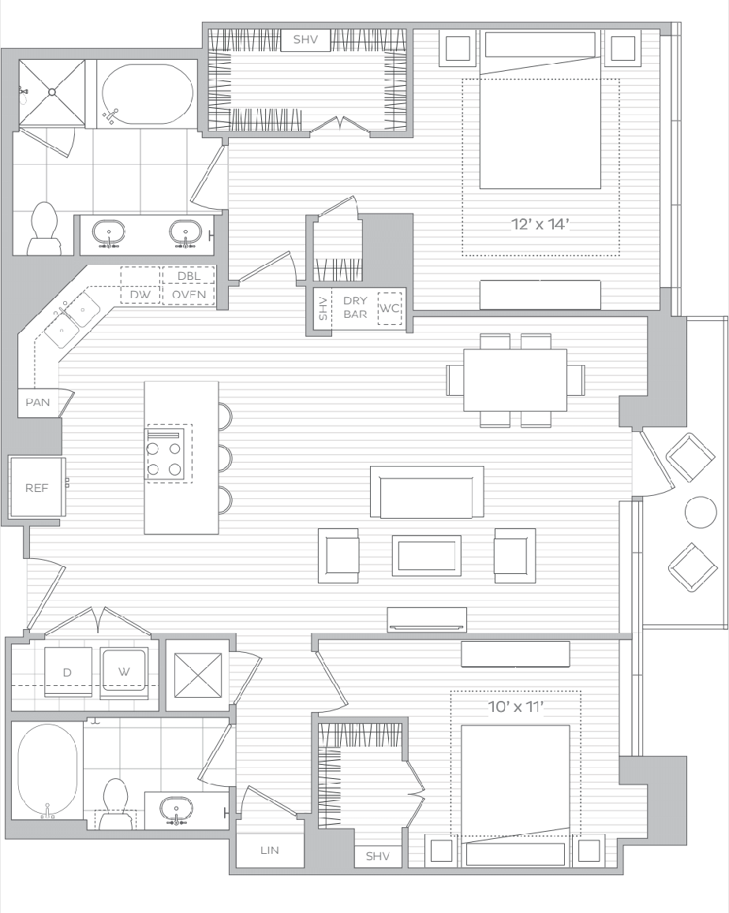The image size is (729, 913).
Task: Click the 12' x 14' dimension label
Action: pyautogui.click(x=540, y=224)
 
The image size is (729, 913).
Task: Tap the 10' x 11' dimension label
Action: pyautogui.click(x=516, y=707)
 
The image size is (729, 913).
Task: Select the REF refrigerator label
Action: pyautogui.click(x=37, y=488)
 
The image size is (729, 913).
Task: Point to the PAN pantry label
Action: pyautogui.click(x=38, y=402)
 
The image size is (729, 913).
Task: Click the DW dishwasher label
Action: pyautogui.click(x=140, y=295)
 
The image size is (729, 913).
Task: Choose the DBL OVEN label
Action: pyautogui.click(x=189, y=285)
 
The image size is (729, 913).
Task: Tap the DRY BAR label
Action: pyautogui.click(x=355, y=307)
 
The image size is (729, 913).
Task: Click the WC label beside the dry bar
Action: pyautogui.click(x=389, y=308)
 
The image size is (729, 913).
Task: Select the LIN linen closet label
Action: pyautogui.click(x=269, y=850)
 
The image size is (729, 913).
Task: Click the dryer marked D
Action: pyautogui.click(x=68, y=672)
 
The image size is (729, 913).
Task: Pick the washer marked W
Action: pyautogui.click(x=124, y=672)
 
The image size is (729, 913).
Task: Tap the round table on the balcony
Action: pyautogui.click(x=701, y=512)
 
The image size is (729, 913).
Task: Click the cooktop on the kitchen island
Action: pyautogui.click(x=168, y=453)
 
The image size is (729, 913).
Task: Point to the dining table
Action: pyautogui.click(x=515, y=380)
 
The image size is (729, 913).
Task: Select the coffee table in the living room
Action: pyautogui.click(x=427, y=556)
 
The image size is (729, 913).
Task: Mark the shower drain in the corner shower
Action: pyautogui.click(x=52, y=92)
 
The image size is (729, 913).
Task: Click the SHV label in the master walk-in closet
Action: pyautogui.click(x=305, y=39)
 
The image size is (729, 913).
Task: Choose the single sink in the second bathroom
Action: pyautogui.click(x=176, y=809)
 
